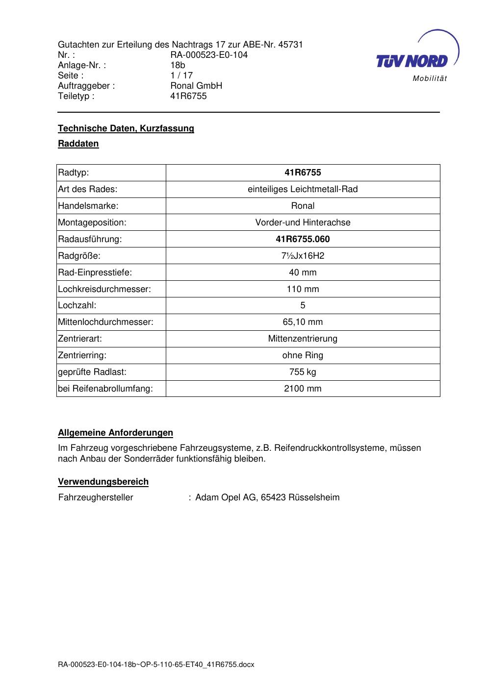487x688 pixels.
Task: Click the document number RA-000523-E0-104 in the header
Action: (x=209, y=55)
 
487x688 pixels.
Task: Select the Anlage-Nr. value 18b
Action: (x=178, y=65)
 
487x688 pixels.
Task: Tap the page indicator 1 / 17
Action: (x=181, y=75)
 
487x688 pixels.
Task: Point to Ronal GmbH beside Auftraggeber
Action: (x=196, y=86)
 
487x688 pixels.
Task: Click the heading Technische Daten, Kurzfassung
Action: (x=126, y=128)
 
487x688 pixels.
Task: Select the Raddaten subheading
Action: (x=78, y=144)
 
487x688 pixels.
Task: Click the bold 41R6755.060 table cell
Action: (x=303, y=239)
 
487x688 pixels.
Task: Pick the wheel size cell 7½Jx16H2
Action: (x=303, y=256)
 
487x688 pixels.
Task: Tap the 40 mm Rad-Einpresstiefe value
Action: (x=303, y=272)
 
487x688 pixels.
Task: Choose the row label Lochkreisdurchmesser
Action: (x=104, y=289)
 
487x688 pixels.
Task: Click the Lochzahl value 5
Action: (x=303, y=305)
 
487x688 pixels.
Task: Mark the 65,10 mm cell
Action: (x=303, y=322)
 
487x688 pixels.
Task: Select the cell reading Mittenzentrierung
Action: (x=303, y=339)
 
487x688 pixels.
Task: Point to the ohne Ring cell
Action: (x=303, y=355)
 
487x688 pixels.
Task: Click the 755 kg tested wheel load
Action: (x=303, y=372)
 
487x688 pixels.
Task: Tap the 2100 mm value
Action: (x=303, y=389)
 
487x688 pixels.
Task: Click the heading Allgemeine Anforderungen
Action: (x=116, y=433)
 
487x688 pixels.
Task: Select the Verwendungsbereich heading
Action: (x=103, y=482)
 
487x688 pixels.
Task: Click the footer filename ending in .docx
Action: (x=156, y=665)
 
